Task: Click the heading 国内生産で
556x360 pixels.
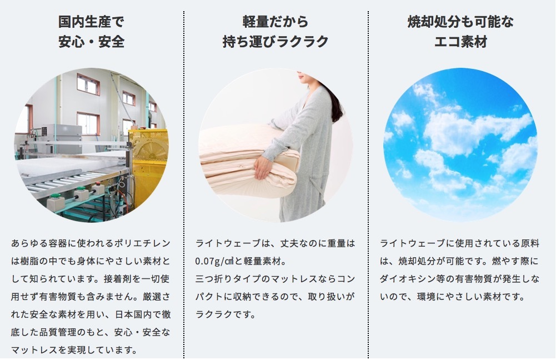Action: tap(91, 22)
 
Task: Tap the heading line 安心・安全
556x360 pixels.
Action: tap(91, 42)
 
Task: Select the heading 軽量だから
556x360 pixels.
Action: tap(276, 22)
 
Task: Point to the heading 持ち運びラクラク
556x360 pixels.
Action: tap(276, 42)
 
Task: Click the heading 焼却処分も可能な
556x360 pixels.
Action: tap(460, 22)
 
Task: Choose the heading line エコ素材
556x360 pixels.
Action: tap(460, 42)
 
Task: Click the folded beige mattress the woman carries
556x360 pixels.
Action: tap(248, 159)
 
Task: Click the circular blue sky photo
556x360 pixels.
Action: tap(460, 144)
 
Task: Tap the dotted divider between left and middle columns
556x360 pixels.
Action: tap(184, 184)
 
